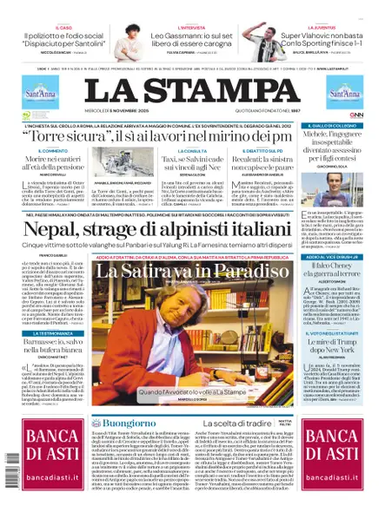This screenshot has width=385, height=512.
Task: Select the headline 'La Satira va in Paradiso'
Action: click(192, 271)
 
